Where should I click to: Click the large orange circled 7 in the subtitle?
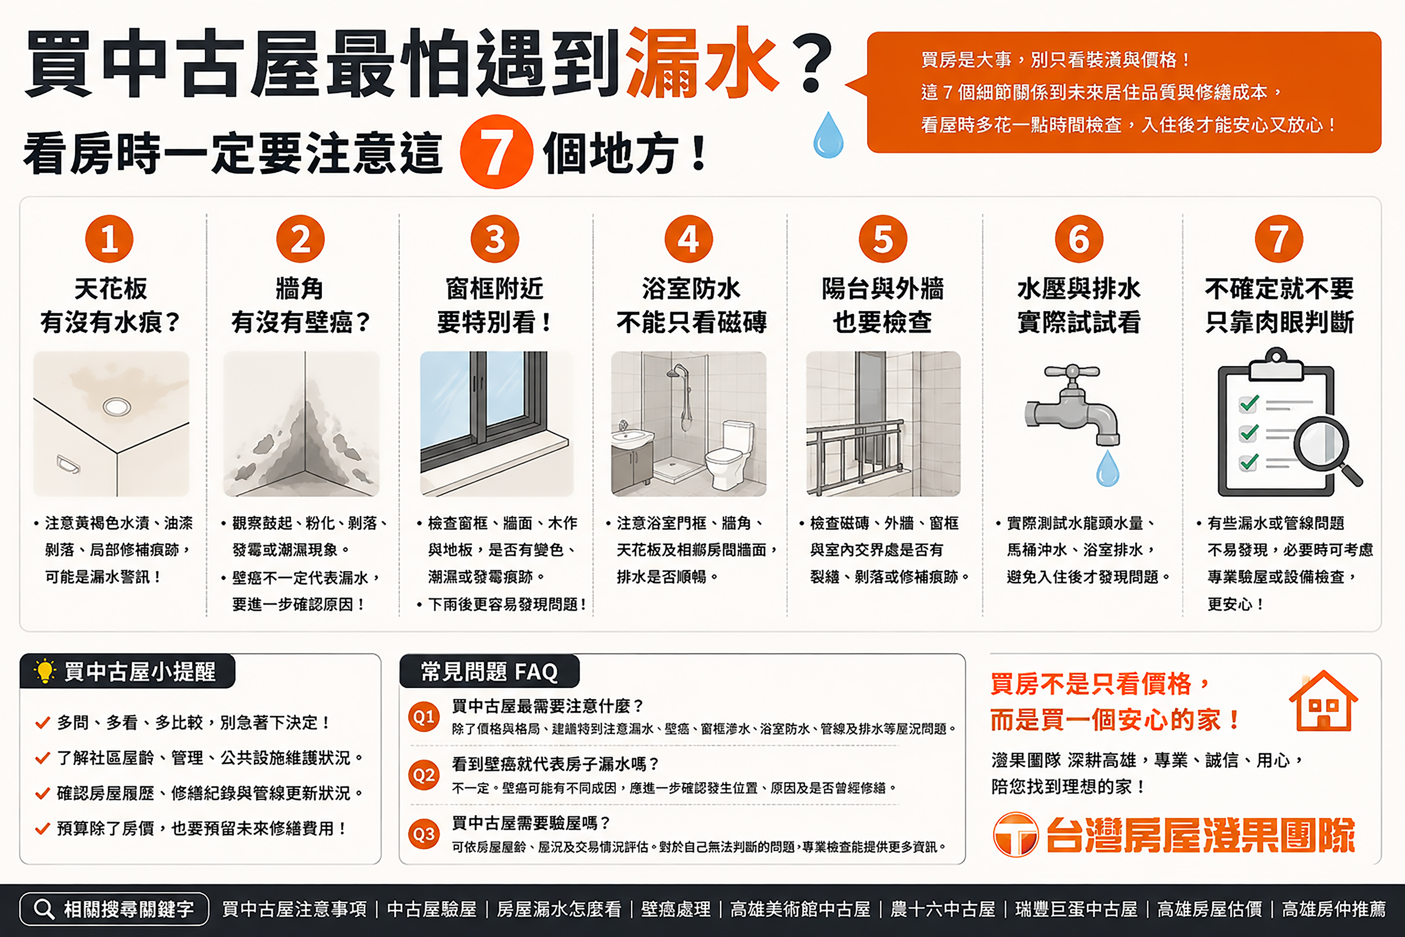coord(496,152)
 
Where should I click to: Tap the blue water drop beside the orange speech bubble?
coord(828,135)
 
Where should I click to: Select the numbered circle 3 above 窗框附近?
coord(495,238)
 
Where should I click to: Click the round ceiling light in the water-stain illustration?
coord(116,407)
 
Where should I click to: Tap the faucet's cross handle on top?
coord(1072,372)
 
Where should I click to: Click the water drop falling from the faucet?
coord(1108,468)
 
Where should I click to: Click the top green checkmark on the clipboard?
coord(1250,403)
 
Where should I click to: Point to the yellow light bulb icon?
coord(45,671)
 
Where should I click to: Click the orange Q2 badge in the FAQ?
coord(424,775)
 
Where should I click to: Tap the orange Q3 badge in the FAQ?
coord(424,833)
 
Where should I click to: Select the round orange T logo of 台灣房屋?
coord(1016,835)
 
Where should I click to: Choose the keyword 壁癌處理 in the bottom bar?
coord(676,909)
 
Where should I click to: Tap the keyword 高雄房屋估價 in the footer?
coord(1209,909)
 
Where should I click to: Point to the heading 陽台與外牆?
coord(882,289)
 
